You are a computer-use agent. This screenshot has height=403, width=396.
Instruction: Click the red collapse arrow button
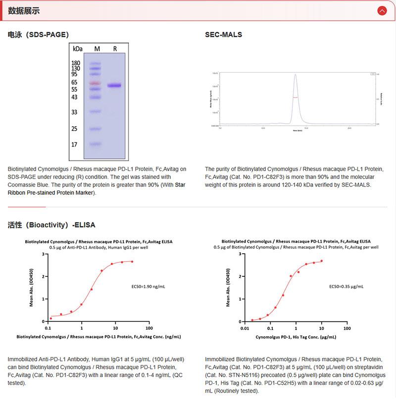(x=382, y=10)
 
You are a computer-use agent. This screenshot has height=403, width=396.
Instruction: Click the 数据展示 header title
(x=24, y=11)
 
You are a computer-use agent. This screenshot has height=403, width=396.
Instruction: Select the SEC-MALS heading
(x=224, y=35)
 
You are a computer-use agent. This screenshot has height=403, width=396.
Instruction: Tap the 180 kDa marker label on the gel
(x=76, y=63)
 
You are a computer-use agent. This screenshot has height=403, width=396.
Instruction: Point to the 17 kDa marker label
(x=74, y=145)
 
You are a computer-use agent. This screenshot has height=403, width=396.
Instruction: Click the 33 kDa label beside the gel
(x=74, y=112)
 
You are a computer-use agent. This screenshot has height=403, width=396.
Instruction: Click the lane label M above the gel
(x=97, y=48)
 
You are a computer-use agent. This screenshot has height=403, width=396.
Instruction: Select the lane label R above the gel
(x=115, y=48)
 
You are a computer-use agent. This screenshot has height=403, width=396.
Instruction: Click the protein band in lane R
(x=114, y=86)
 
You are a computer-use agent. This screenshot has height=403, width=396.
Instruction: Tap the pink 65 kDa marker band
(x=96, y=83)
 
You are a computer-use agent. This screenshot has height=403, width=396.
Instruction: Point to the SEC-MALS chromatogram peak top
(x=295, y=75)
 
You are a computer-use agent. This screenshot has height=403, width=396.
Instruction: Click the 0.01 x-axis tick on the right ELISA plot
(x=244, y=328)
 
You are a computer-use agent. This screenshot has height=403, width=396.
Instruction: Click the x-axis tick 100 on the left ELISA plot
(x=149, y=328)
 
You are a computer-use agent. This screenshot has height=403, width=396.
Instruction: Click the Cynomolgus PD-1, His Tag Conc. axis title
(x=296, y=337)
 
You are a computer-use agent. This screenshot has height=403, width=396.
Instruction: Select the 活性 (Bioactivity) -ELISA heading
(x=51, y=224)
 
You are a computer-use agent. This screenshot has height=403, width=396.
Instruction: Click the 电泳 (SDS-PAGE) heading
(x=38, y=35)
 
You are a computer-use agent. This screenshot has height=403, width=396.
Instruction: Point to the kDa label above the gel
(x=77, y=49)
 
